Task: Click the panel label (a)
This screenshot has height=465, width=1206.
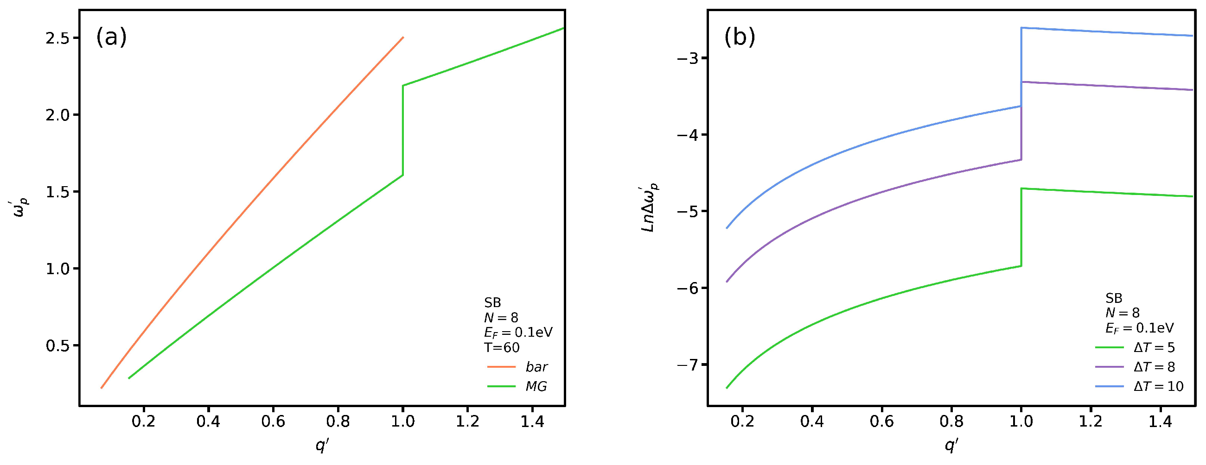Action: point(111,37)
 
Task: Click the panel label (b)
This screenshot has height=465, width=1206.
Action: point(740,37)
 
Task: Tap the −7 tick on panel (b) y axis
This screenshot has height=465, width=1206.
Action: point(687,364)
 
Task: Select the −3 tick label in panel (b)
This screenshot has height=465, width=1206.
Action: point(687,58)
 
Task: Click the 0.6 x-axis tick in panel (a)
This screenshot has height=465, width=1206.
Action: point(274,421)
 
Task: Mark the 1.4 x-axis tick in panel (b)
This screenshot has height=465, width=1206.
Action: point(1160,421)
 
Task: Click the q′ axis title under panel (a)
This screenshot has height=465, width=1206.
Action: point(322,446)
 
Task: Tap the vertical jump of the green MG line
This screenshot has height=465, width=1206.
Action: point(402,131)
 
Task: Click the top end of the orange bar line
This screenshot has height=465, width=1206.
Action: point(402,38)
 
